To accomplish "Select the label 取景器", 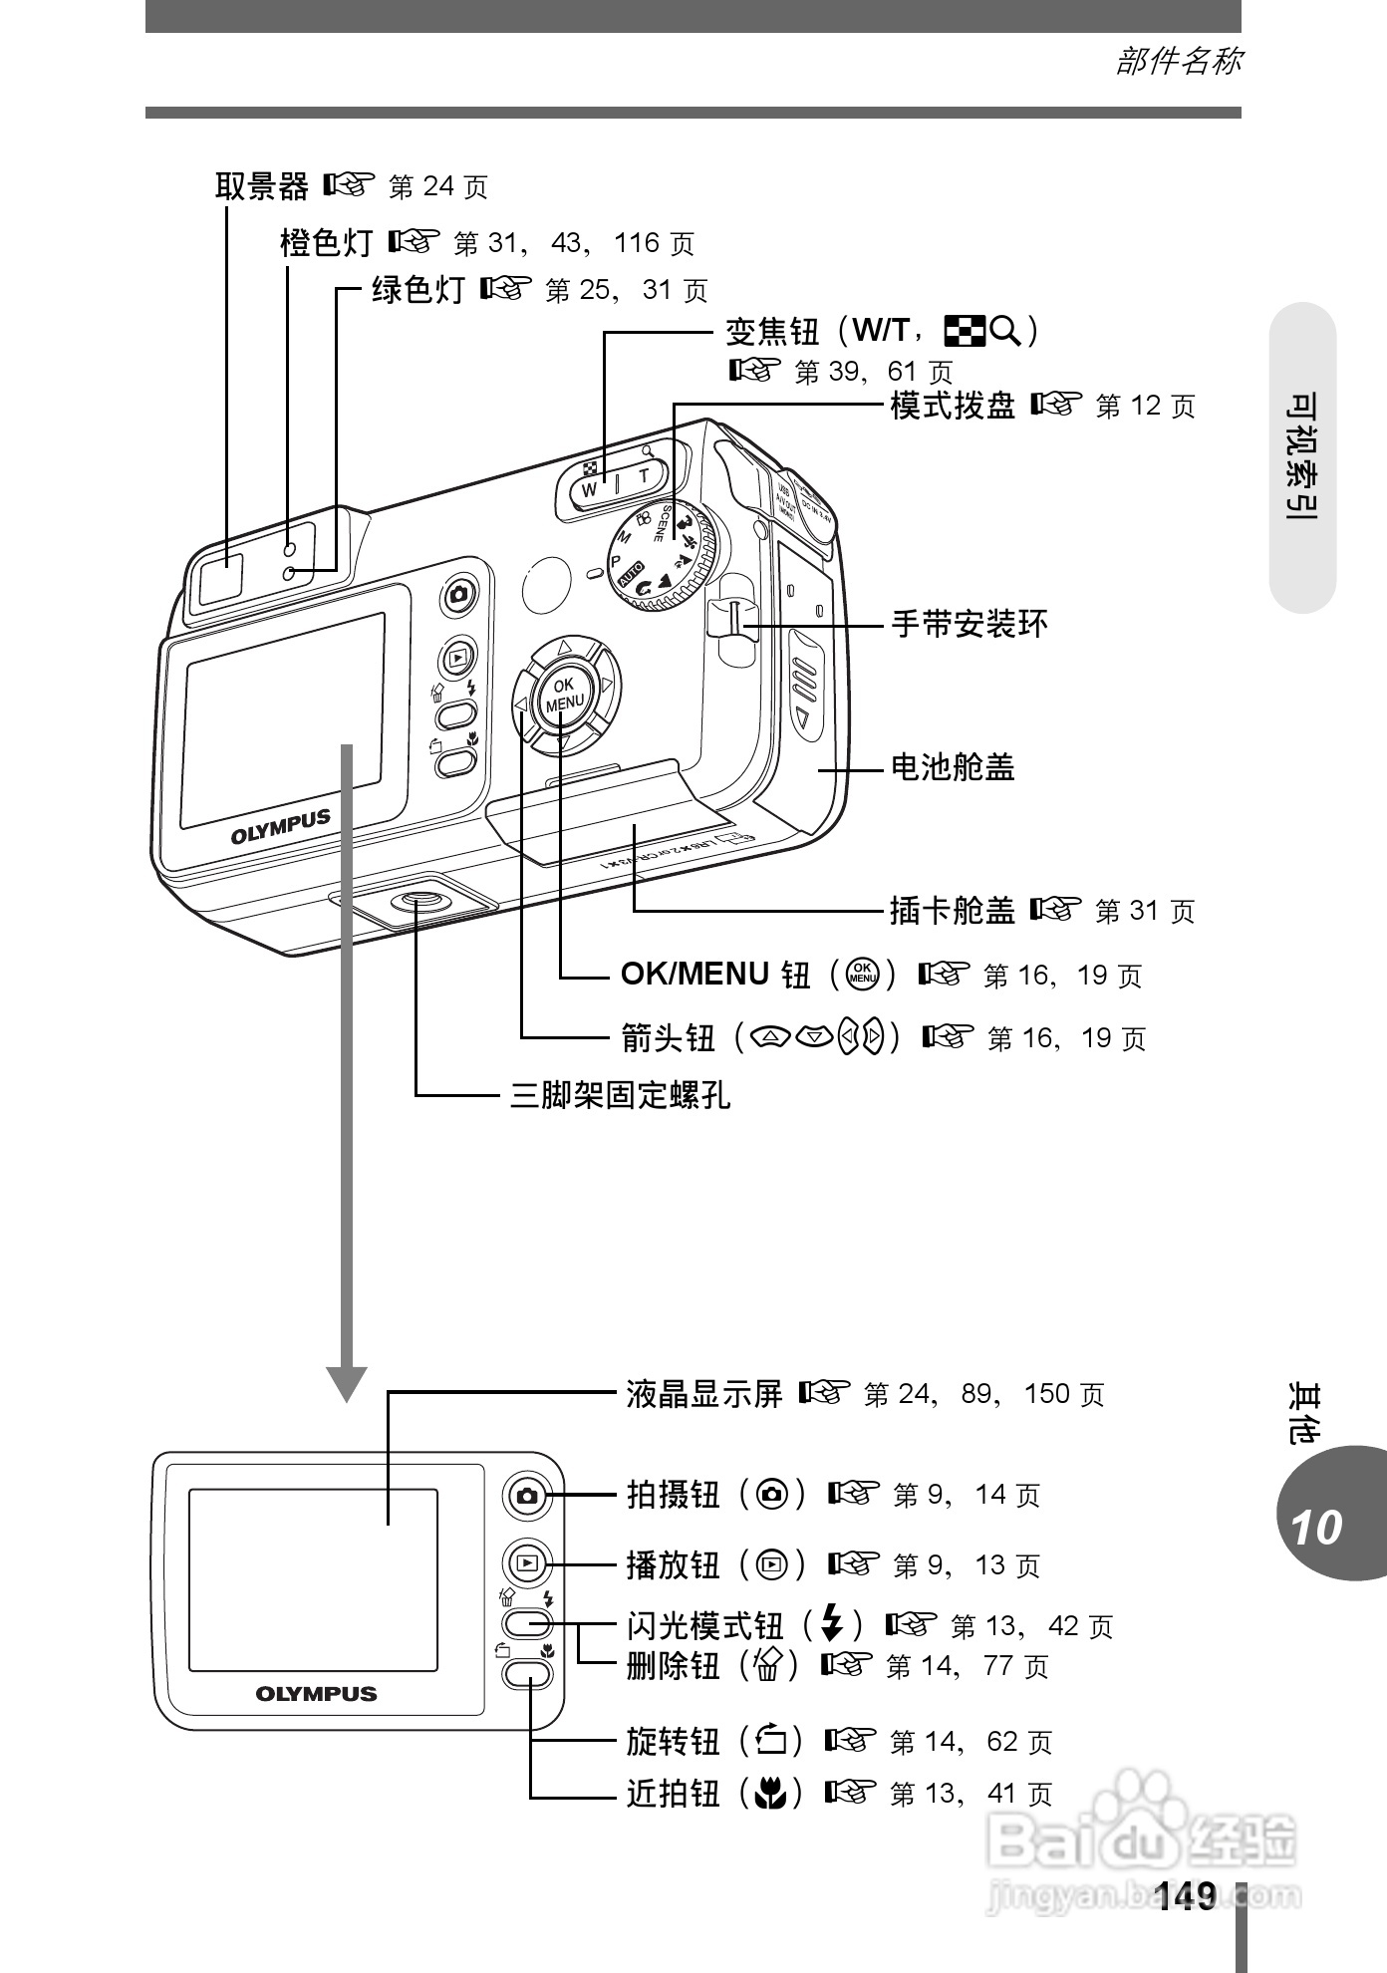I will pos(262,186).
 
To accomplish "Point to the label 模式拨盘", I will pos(952,406).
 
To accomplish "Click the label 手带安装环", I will pos(969,625).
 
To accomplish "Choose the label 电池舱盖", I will pos(952,767).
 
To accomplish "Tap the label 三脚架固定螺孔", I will pos(620,1095).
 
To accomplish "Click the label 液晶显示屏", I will pos(704,1393).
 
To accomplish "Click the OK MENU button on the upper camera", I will pos(564,694).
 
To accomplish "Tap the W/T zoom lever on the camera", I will pos(616,482).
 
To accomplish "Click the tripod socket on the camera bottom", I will pos(417,901).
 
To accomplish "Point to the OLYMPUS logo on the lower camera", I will pos(316,1693).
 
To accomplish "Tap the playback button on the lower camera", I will pos(527,1563).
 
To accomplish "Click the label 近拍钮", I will pos(673,1794).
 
